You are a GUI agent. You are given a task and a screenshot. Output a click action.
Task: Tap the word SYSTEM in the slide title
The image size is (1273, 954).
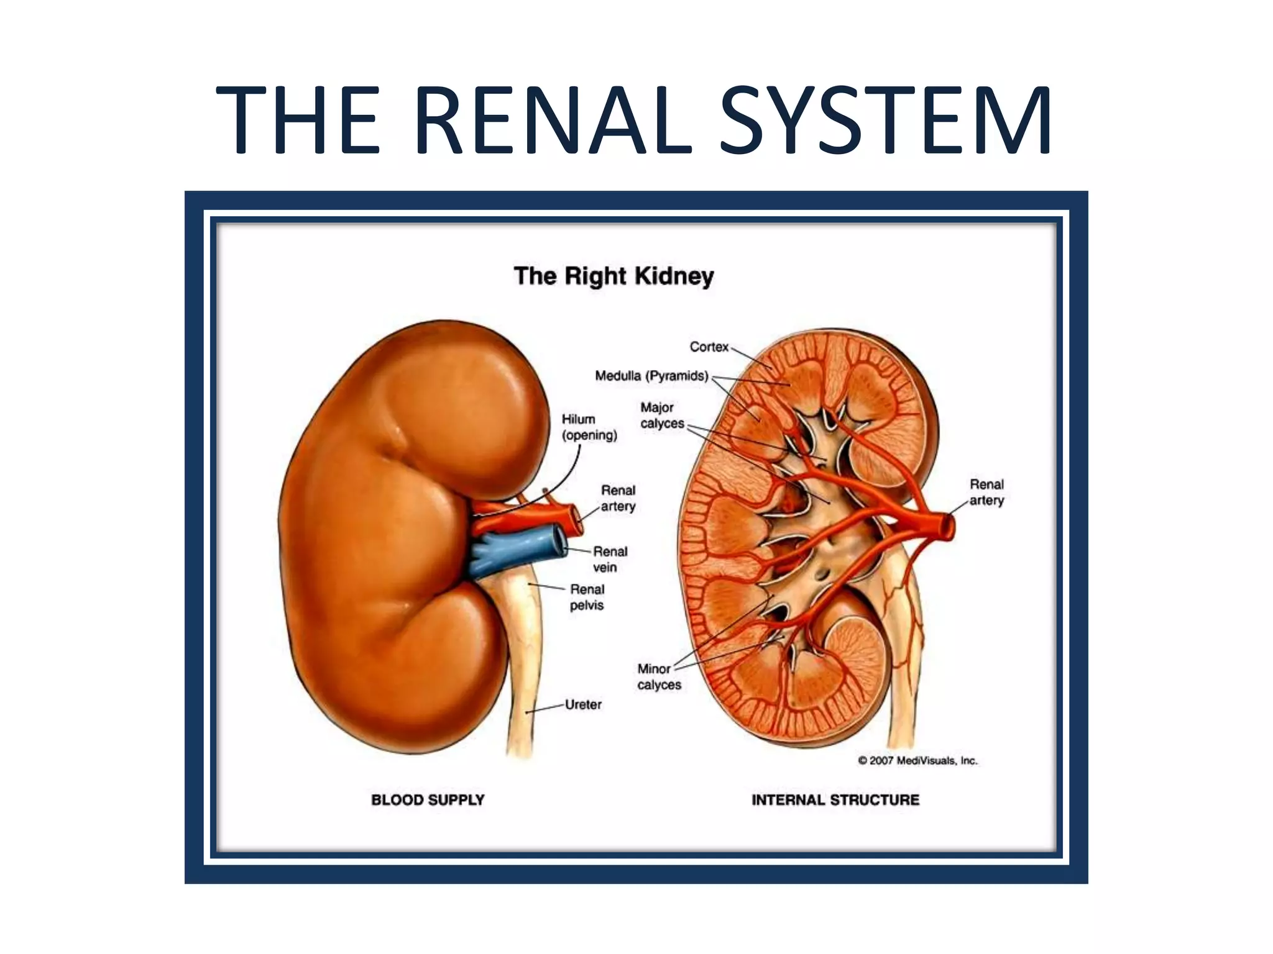(x=885, y=120)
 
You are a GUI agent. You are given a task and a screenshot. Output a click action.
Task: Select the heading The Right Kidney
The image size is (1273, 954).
(x=614, y=276)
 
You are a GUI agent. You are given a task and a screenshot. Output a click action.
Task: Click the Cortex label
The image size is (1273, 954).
(x=709, y=347)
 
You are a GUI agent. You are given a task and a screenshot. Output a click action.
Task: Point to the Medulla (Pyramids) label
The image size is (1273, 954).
(x=651, y=376)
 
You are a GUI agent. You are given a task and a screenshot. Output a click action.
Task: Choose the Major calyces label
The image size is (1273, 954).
(x=661, y=416)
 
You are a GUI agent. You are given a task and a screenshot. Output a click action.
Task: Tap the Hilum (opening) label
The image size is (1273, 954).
(x=589, y=427)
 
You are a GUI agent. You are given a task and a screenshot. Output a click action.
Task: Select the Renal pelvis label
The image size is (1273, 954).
(x=587, y=597)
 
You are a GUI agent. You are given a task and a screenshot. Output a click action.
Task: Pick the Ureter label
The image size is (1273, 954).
(x=583, y=704)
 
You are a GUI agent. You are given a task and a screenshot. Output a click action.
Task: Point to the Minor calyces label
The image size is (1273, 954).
(x=659, y=676)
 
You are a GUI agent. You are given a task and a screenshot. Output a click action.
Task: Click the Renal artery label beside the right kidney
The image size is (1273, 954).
(x=986, y=492)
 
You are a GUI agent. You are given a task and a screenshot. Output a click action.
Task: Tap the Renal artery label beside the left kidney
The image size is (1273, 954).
(x=618, y=498)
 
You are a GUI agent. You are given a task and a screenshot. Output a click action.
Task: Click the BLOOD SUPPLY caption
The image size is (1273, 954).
(x=428, y=799)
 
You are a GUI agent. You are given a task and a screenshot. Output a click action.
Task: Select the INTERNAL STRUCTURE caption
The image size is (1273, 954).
(x=835, y=799)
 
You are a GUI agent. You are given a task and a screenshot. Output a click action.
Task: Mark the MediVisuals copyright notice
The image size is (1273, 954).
(x=917, y=760)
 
